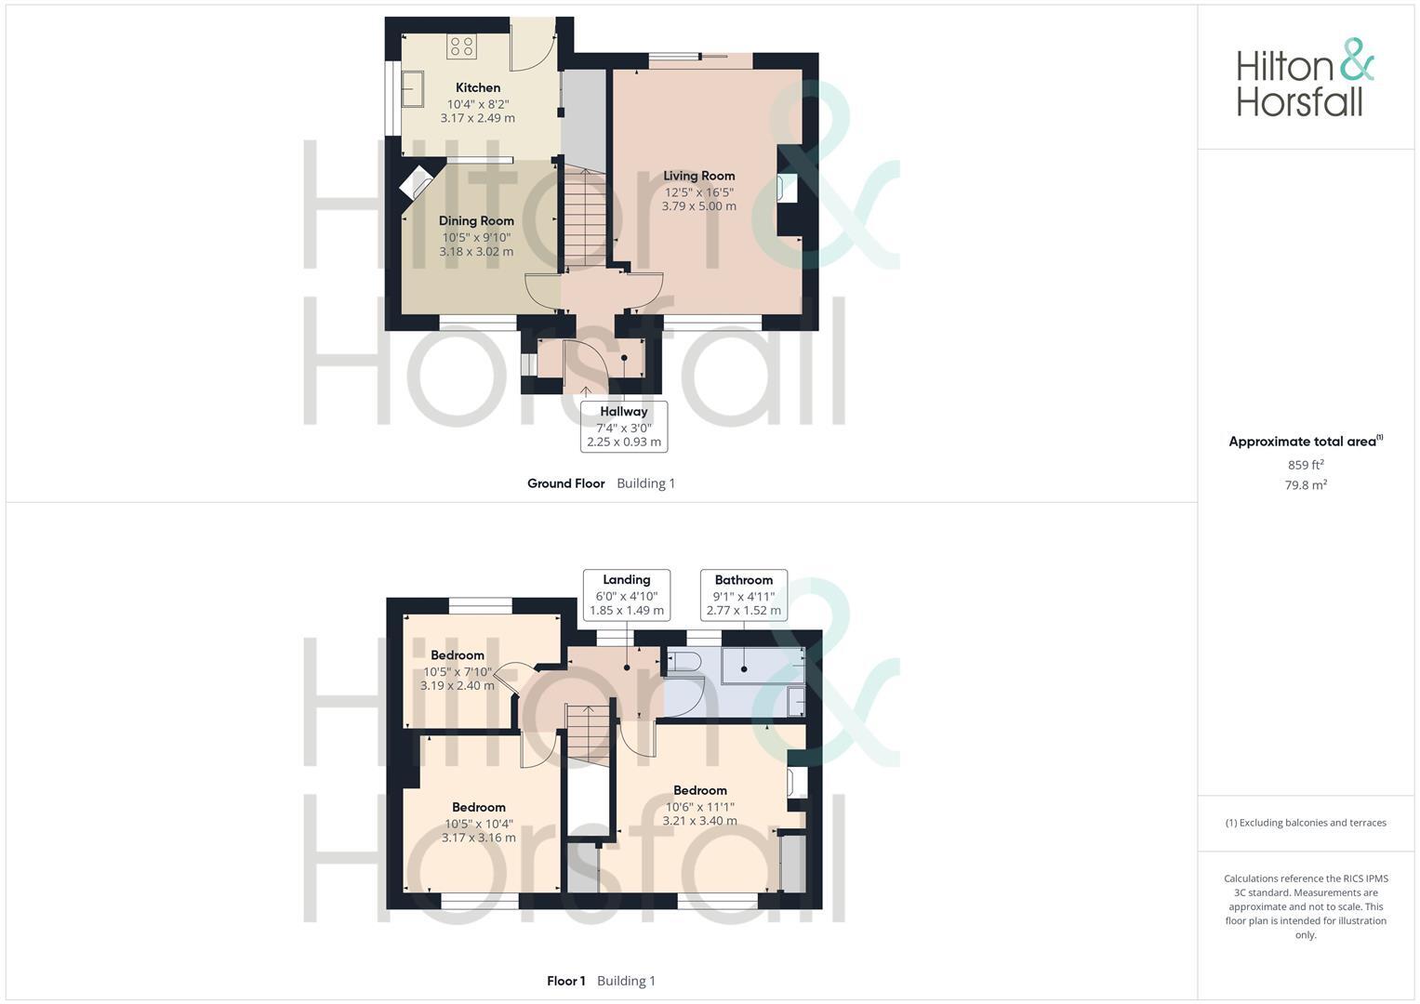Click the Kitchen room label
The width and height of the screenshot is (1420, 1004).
coord(478,87)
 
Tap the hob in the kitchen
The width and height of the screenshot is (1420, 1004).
coord(461,46)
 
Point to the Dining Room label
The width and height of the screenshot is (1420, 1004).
coord(476,221)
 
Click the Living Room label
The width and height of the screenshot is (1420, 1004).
coord(699,176)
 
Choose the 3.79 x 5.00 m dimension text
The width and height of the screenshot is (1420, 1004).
coord(699,206)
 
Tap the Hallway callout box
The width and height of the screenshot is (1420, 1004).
coord(624,427)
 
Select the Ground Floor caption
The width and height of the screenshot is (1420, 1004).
coord(565,483)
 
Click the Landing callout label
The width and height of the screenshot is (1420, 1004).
coord(627,580)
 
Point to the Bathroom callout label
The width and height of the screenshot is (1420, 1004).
coord(744,580)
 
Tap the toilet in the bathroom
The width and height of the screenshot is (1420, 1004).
coord(685,662)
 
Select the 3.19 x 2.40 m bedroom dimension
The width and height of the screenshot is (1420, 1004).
coord(458,686)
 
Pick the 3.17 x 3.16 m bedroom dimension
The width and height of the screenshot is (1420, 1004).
coord(479,838)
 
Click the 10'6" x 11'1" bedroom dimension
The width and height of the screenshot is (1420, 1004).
coord(700,807)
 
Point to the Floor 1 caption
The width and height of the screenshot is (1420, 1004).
coord(566,981)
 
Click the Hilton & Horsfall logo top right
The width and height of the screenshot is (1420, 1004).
coord(1305,78)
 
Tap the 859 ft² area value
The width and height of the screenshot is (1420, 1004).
coord(1306,465)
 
